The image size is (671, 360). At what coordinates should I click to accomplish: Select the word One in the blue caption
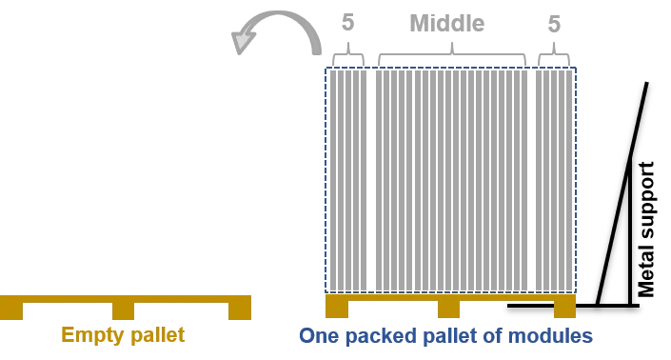[316, 335]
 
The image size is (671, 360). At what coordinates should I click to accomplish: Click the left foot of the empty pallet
[10, 310]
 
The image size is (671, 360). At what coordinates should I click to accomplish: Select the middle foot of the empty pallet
[125, 310]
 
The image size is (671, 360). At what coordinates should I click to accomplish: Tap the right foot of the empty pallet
[240, 310]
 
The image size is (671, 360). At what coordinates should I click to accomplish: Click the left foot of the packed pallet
[337, 309]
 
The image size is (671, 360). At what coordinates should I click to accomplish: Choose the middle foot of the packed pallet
[448, 309]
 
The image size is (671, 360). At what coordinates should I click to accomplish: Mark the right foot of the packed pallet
[565, 309]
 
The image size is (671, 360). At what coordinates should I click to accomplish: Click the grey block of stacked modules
[450, 179]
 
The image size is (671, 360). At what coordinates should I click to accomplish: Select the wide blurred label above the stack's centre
[445, 23]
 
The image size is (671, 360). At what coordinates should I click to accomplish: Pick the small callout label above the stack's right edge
[557, 23]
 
